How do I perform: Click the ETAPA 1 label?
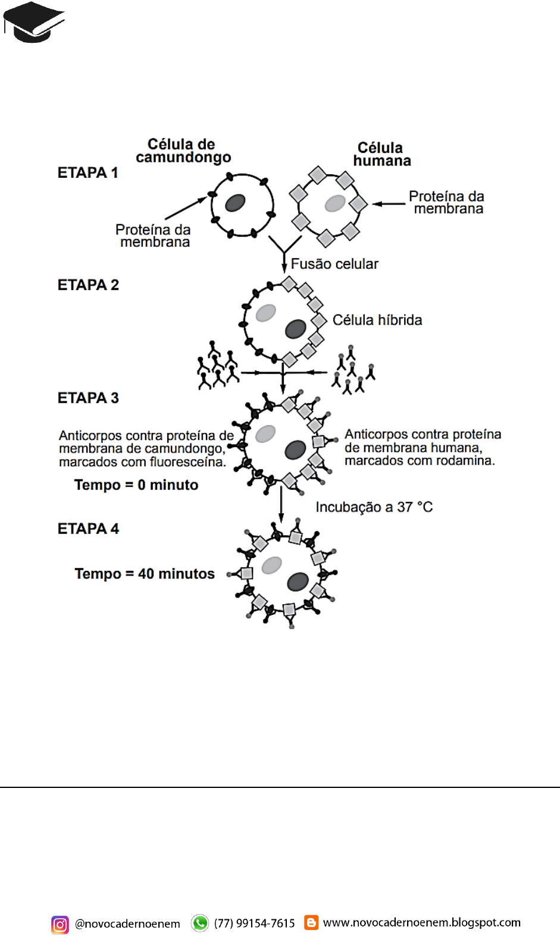[x=87, y=172]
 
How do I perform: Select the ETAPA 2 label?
[x=88, y=285]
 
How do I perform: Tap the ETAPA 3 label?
[x=88, y=398]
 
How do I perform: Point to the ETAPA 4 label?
[x=88, y=529]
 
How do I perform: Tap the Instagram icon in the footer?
[x=60, y=924]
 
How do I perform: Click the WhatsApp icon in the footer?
[x=200, y=923]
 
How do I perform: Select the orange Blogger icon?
[x=311, y=922]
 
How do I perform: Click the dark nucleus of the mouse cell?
[x=236, y=203]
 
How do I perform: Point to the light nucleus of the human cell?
[x=335, y=203]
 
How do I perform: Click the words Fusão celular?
[x=334, y=264]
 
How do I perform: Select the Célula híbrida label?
[x=377, y=320]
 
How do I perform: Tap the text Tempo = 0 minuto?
[x=136, y=485]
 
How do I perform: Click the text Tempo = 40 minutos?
[x=145, y=574]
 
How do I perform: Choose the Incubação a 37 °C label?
[x=374, y=507]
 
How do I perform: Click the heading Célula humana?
[x=381, y=154]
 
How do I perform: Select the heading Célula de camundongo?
[x=183, y=150]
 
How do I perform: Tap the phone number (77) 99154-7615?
[x=254, y=923]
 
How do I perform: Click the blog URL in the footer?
[x=421, y=922]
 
